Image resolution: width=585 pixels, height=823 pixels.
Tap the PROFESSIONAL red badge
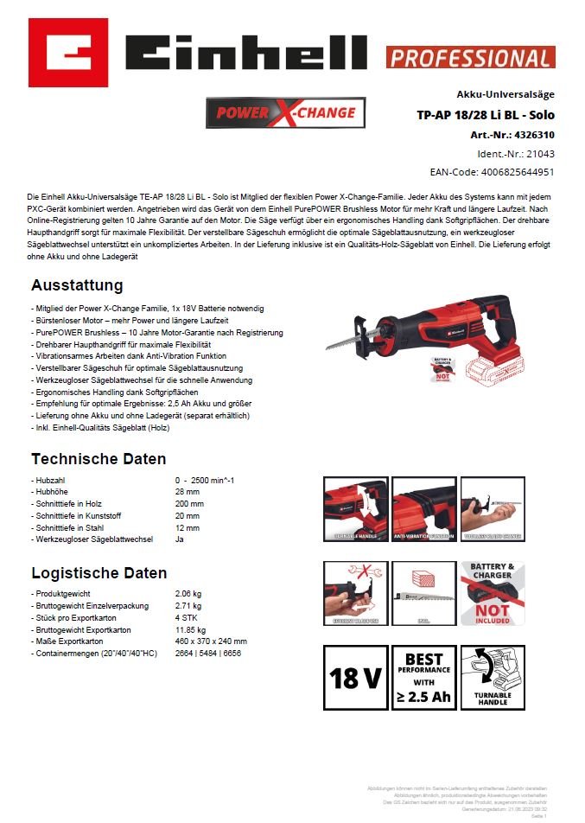pyautogui.click(x=470, y=58)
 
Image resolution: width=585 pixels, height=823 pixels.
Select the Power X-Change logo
pyautogui.click(x=285, y=113)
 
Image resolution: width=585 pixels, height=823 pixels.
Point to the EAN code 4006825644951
pyautogui.click(x=516, y=172)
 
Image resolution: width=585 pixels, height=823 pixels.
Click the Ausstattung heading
pyautogui.click(x=77, y=285)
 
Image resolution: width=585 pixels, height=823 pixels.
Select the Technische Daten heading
pyautogui.click(x=99, y=458)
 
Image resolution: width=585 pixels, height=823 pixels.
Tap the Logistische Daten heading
pyautogui.click(x=99, y=573)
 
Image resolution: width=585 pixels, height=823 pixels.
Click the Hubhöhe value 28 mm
pyautogui.click(x=188, y=491)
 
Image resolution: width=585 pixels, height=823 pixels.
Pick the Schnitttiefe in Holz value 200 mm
pyautogui.click(x=190, y=503)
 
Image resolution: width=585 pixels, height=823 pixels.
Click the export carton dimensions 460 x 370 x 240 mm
pyautogui.click(x=211, y=641)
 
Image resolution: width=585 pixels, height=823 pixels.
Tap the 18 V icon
pyautogui.click(x=355, y=679)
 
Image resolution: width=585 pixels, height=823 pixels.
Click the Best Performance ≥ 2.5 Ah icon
pyautogui.click(x=424, y=679)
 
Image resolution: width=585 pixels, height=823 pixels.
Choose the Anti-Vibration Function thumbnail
pyautogui.click(x=424, y=510)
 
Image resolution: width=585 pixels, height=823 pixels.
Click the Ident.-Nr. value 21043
pyautogui.click(x=540, y=153)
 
